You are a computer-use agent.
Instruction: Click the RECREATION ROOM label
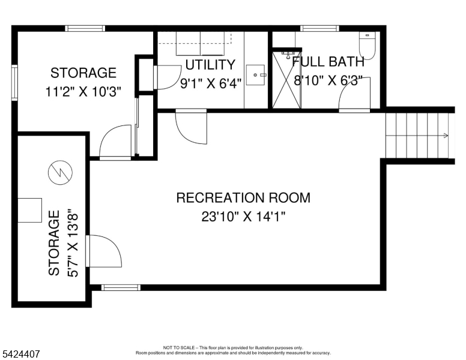point(243,197)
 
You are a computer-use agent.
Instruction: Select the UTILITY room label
point(210,64)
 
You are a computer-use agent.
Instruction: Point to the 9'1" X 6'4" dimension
point(210,83)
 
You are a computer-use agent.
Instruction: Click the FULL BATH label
point(328,61)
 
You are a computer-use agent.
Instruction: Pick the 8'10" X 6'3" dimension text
point(328,80)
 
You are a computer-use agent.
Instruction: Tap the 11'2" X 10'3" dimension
point(83,92)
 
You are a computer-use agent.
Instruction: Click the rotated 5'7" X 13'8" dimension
point(73,243)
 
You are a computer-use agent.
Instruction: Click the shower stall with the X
point(286,80)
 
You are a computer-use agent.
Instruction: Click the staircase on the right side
point(417,135)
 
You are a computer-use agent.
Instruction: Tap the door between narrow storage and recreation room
point(103,251)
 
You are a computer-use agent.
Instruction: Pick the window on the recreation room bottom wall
point(121,287)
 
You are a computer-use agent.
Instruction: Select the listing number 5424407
point(20,354)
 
